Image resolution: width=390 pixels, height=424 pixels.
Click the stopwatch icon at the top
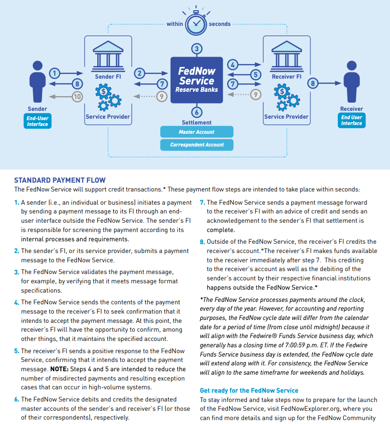click(x=196, y=22)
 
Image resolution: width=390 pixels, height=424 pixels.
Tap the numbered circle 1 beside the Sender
click(x=55, y=73)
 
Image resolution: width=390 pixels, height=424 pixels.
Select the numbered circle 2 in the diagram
click(x=140, y=73)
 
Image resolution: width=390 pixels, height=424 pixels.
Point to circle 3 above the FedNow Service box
click(x=197, y=49)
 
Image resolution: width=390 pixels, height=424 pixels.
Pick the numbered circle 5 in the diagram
click(x=255, y=75)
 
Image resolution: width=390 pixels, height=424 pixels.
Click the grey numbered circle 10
click(x=77, y=96)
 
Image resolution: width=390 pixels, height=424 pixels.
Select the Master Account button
click(x=197, y=132)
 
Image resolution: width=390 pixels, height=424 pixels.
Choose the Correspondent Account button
click(x=197, y=145)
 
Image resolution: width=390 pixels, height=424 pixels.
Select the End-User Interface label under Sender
click(x=37, y=121)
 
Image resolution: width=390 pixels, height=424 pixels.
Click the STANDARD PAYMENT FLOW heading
click(x=60, y=180)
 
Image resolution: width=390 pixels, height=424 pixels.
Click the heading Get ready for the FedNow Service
click(x=249, y=390)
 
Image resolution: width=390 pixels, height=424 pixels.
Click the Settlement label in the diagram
click(x=197, y=122)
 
